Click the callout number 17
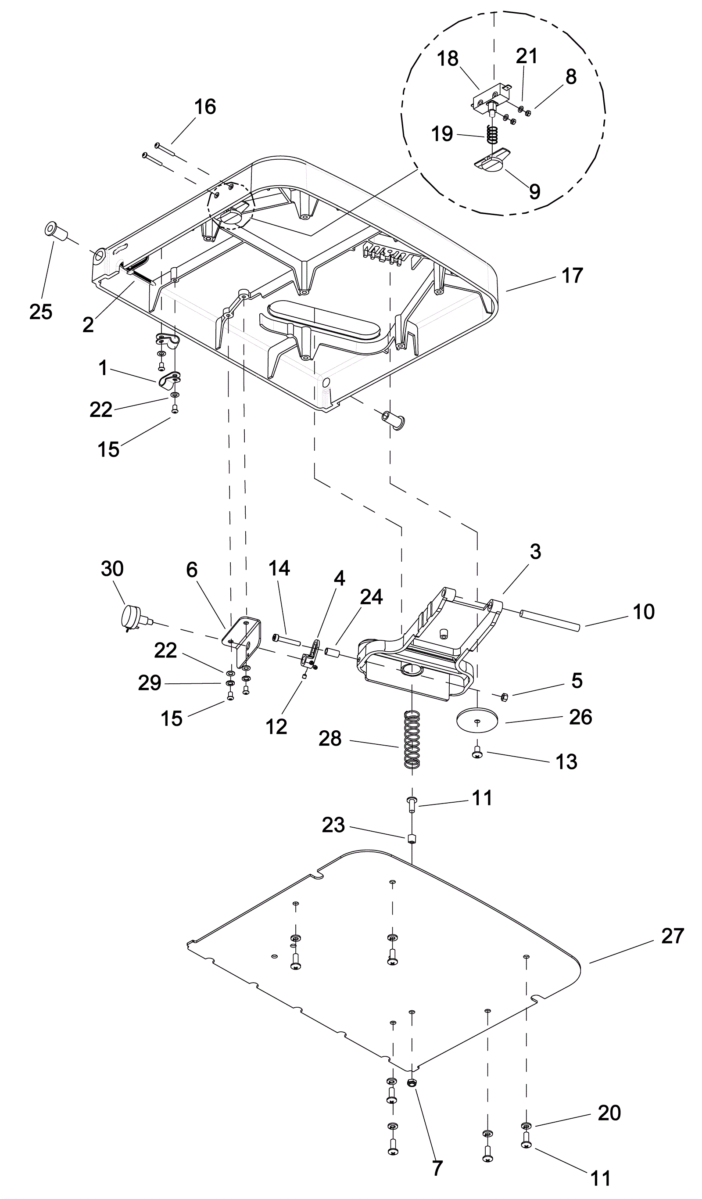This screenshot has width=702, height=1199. coord(572,276)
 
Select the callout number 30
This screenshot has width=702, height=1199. coord(112,569)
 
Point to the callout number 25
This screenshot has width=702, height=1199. coord(41,312)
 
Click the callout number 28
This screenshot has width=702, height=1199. coord(330,739)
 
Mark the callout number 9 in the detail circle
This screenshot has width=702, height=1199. coord(534,191)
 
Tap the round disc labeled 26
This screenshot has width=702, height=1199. coord(477,721)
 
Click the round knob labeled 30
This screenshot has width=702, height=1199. coord(132,617)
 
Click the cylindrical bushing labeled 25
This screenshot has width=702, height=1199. coord(56,231)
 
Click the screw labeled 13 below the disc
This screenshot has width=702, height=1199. coord(477,753)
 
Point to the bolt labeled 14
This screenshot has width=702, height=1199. coord(286,640)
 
